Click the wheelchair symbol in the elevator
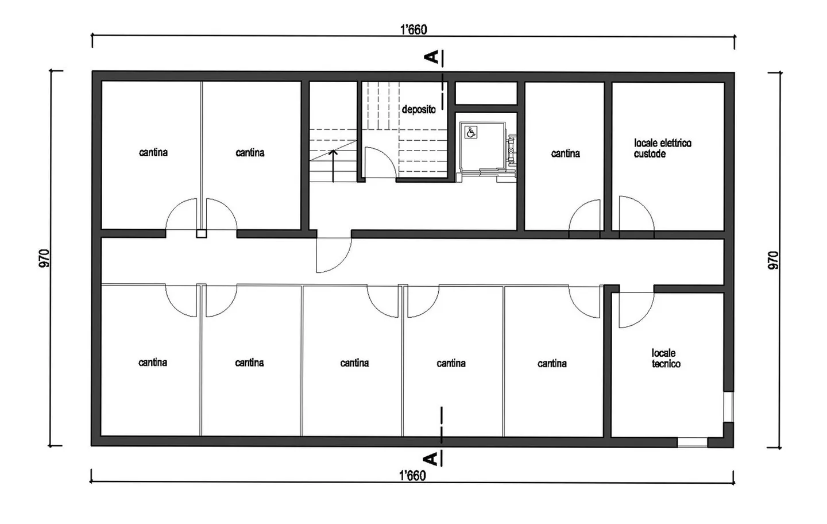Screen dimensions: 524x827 [470, 133]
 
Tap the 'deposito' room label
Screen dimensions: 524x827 [418, 109]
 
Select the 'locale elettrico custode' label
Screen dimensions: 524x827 [662, 148]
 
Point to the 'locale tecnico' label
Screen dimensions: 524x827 [665, 359]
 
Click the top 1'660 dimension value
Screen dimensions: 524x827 [413, 29]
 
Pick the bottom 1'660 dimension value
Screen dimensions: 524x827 [412, 475]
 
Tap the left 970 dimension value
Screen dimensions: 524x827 [45, 258]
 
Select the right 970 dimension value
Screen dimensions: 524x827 [773, 260]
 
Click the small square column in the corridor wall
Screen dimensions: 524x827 [201, 234]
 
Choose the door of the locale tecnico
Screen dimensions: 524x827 [635, 310]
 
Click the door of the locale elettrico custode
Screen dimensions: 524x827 [635, 214]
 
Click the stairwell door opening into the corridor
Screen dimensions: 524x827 [333, 254]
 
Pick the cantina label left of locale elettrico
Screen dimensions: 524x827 [565, 153]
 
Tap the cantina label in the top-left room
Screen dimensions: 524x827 [153, 152]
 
